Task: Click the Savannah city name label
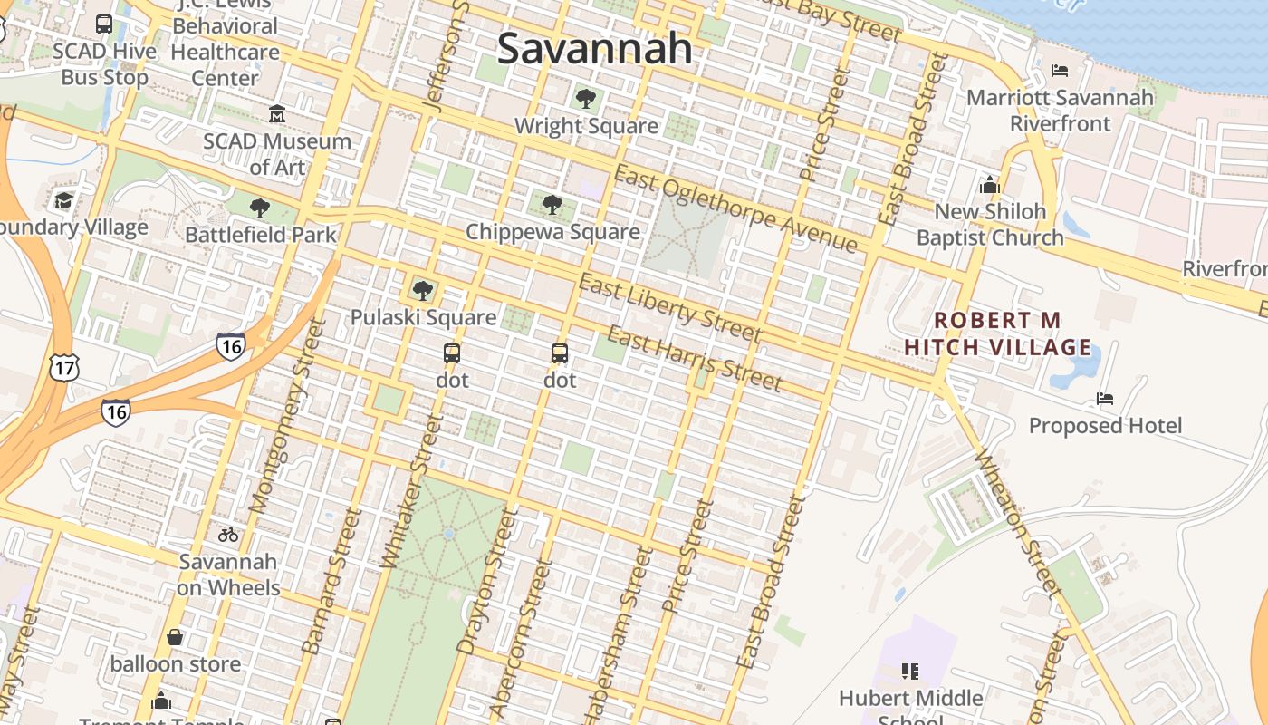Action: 595,48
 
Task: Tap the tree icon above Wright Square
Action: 586,98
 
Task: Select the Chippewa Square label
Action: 552,232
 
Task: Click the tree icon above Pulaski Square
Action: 422,290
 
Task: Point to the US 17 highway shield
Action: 63,367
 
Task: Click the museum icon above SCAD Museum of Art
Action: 276,114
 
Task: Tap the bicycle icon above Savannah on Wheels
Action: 228,535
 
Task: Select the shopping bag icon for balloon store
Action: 175,637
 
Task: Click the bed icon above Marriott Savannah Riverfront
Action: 1060,70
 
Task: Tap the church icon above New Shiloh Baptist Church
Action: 989,185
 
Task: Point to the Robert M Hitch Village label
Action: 997,333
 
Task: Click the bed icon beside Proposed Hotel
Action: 1105,398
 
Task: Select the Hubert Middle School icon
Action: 910,672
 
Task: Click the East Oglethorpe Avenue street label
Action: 735,209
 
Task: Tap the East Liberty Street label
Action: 670,309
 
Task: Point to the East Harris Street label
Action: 694,358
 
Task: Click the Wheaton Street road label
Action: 1018,522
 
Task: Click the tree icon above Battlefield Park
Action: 260,208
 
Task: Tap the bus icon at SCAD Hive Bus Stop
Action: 104,24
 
